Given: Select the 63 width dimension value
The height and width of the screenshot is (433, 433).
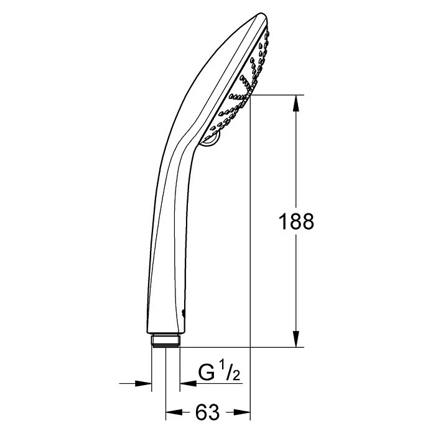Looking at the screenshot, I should tap(208, 412).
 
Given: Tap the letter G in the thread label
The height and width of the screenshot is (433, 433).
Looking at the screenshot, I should tap(206, 374).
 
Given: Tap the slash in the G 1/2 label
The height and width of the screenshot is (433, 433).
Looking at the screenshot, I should tap(230, 375).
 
